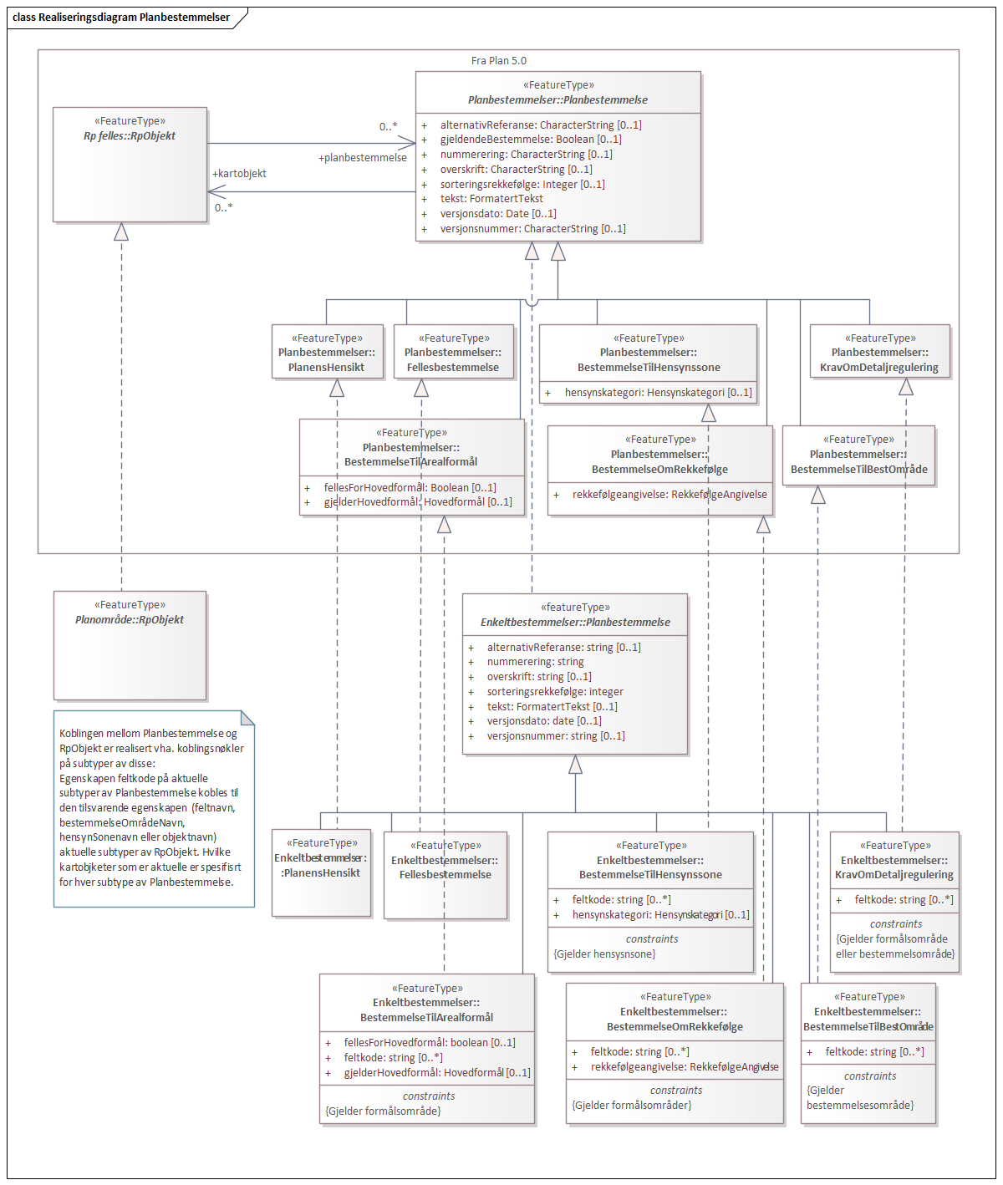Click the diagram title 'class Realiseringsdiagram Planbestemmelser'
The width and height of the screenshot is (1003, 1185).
point(121,17)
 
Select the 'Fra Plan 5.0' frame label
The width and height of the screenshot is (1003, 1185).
point(498,61)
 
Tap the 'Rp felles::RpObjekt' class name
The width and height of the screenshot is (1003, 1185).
point(130,136)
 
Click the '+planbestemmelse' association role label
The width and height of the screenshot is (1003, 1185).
point(362,158)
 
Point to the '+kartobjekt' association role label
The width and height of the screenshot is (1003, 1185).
point(239,174)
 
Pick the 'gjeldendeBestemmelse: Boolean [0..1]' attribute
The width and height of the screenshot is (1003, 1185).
point(531,140)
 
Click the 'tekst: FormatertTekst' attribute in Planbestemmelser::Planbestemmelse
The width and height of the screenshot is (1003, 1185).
point(491,199)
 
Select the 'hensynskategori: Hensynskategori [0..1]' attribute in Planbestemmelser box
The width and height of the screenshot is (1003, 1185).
point(658,393)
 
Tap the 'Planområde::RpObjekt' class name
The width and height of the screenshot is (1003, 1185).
point(130,620)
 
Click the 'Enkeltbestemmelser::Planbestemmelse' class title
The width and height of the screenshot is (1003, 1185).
point(575,623)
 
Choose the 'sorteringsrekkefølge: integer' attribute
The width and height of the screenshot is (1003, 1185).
point(555,692)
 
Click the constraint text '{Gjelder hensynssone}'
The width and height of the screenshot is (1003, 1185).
point(604,954)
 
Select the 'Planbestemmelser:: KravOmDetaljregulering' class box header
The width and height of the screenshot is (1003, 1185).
point(879,353)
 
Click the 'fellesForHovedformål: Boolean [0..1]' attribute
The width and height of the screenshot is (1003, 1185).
point(410,488)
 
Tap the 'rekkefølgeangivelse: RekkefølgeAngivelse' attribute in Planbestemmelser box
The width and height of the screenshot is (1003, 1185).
point(670,495)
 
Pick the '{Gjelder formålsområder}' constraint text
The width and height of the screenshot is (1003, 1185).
point(632,1106)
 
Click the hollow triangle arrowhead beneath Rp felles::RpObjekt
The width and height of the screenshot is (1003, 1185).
point(121,231)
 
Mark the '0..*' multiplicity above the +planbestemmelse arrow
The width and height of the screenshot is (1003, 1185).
point(388,127)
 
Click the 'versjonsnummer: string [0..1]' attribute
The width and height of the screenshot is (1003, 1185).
point(556,736)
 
